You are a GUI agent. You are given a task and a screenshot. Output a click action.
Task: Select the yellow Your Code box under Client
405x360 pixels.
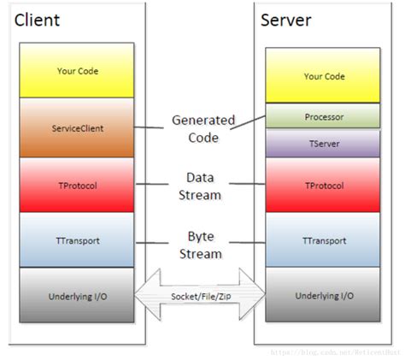pyautogui.click(x=78, y=72)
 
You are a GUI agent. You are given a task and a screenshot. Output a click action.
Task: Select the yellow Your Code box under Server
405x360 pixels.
pyautogui.click(x=324, y=76)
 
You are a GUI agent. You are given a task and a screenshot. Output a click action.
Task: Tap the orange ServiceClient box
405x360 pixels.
pyautogui.click(x=78, y=127)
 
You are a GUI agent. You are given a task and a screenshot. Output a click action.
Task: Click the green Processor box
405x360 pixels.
pyautogui.click(x=324, y=115)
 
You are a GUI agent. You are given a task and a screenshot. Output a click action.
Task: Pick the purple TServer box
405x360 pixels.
pyautogui.click(x=324, y=144)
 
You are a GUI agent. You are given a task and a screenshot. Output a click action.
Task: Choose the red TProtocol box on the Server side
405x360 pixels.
pyautogui.click(x=324, y=185)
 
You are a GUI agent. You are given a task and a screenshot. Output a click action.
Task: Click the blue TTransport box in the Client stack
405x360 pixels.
pyautogui.click(x=78, y=240)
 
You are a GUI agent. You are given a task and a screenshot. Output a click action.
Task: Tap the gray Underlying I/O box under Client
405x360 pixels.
pyautogui.click(x=78, y=295)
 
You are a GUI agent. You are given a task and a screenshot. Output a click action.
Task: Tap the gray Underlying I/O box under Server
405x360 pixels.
pyautogui.click(x=324, y=295)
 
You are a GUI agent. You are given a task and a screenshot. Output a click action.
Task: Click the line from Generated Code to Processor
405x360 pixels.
pyautogui.click(x=248, y=121)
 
